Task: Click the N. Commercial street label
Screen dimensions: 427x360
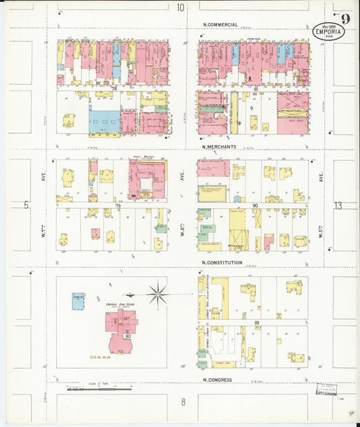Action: click(x=220, y=25)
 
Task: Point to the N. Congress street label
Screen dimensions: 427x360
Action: click(x=217, y=380)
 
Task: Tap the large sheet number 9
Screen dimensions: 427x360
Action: click(x=345, y=18)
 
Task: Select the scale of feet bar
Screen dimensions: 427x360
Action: click(x=99, y=389)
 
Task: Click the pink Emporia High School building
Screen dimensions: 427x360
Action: click(x=120, y=326)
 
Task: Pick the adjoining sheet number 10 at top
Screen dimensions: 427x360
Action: click(x=180, y=7)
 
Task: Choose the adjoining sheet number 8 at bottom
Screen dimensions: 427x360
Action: click(x=182, y=403)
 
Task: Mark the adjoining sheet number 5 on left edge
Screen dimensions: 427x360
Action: click(x=26, y=205)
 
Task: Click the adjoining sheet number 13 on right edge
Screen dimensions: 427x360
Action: click(x=338, y=205)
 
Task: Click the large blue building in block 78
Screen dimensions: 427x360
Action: click(x=104, y=122)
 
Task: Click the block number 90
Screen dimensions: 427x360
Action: click(x=255, y=205)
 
